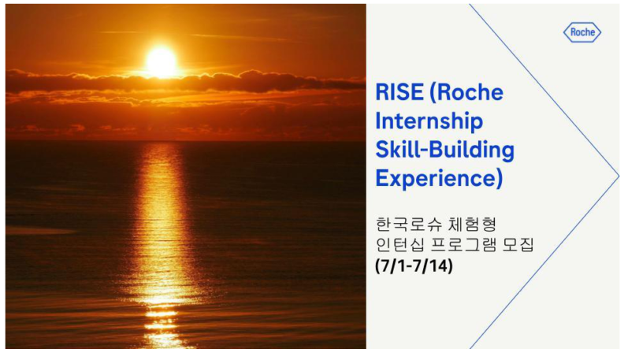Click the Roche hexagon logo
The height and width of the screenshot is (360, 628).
tap(582, 32)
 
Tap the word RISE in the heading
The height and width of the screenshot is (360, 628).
tap(399, 92)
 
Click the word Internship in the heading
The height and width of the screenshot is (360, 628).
tap(429, 121)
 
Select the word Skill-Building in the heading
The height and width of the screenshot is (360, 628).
tap(445, 150)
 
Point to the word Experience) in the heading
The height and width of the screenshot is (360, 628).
tap(439, 178)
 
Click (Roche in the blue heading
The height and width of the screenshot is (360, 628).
tap(466, 92)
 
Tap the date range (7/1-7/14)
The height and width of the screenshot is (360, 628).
tap(414, 265)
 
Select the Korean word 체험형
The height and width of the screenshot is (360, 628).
tap(472, 225)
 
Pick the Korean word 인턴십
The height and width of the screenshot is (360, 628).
tap(399, 245)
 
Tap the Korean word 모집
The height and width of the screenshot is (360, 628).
tap(518, 245)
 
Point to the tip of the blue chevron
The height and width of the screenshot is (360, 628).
tap(619, 176)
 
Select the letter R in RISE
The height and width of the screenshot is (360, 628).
tap(381, 92)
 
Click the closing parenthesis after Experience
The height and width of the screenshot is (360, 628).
tap(500, 179)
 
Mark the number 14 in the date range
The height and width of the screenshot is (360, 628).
tap(440, 265)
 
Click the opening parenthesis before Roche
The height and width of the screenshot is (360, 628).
tap(433, 92)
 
